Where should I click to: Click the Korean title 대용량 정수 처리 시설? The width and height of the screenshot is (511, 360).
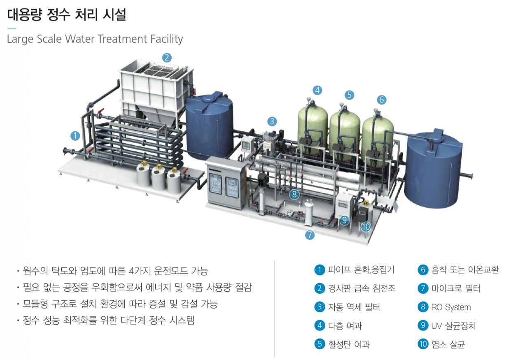(x=66, y=15)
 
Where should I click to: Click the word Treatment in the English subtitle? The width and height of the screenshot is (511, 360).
(x=127, y=39)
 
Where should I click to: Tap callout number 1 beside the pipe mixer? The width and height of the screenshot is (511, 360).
(x=75, y=135)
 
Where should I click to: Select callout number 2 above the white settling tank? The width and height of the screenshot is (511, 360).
(x=166, y=57)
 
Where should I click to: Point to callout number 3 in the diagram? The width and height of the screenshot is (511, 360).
(x=271, y=121)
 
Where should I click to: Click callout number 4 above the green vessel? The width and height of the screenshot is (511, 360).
(x=317, y=90)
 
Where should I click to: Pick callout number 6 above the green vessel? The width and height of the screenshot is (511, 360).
(x=381, y=99)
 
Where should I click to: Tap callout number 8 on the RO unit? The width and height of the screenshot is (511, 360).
(x=294, y=194)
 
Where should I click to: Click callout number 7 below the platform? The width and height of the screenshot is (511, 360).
(x=310, y=235)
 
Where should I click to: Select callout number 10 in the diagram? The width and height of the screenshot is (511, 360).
(x=365, y=226)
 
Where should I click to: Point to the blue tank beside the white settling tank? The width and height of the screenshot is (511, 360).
(x=209, y=124)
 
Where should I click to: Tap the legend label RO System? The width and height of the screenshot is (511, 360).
(x=450, y=307)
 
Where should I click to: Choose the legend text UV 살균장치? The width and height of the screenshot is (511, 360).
(x=453, y=326)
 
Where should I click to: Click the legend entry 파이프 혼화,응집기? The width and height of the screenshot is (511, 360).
(x=361, y=270)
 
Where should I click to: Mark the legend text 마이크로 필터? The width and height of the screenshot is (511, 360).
(x=455, y=288)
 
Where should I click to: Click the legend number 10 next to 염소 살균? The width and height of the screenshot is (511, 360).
(x=423, y=344)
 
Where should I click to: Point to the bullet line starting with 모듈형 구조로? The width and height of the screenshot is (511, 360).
(x=120, y=304)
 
